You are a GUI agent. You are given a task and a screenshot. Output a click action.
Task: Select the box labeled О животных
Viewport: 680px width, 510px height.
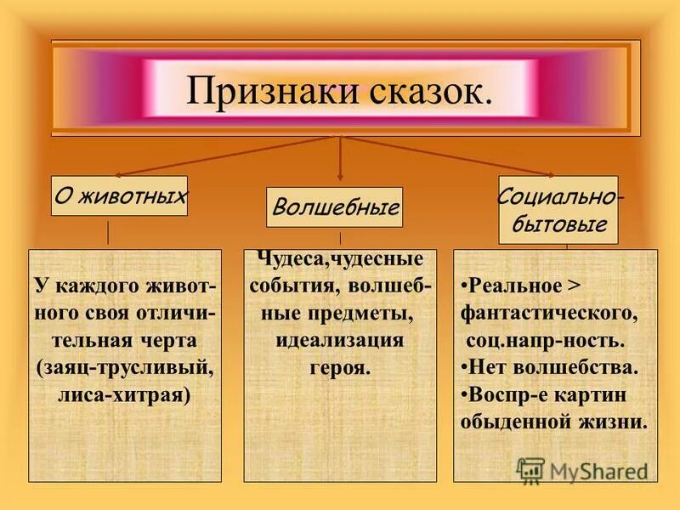(120, 196)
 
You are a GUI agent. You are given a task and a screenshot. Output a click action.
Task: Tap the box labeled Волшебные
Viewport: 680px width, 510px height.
(334, 207)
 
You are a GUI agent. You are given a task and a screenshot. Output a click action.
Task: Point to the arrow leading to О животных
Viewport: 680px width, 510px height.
(221, 157)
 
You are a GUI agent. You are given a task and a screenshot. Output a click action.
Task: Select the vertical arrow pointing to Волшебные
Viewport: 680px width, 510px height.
(341, 157)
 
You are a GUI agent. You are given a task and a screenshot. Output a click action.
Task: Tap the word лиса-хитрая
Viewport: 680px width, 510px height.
(124, 395)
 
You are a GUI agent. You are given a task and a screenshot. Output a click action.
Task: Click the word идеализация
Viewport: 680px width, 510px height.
(339, 341)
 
